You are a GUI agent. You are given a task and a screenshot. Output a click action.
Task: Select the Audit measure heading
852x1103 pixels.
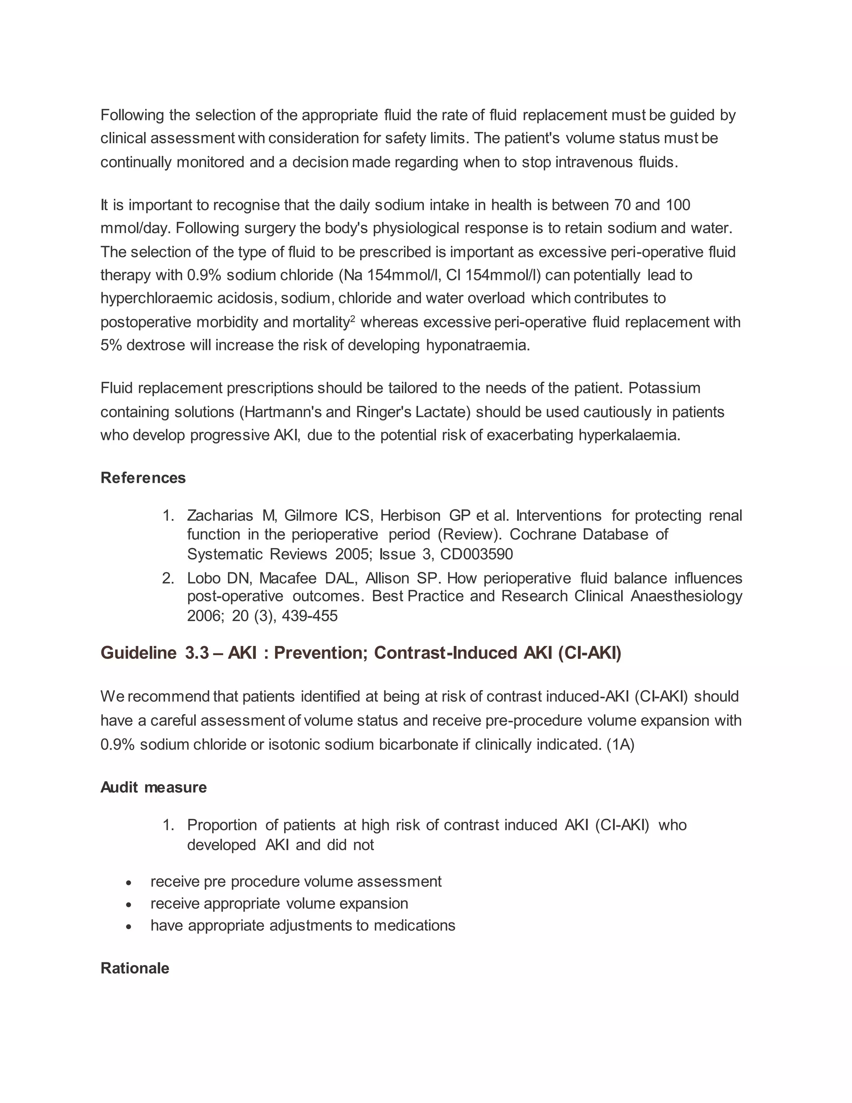pos(154,788)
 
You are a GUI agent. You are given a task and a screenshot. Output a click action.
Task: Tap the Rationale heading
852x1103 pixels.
pos(135,968)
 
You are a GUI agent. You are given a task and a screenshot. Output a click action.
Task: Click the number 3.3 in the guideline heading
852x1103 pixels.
pos(197,653)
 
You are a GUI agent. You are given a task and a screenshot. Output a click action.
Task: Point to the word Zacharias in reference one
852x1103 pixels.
pos(220,516)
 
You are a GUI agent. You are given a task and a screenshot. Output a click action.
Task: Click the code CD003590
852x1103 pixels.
pos(476,554)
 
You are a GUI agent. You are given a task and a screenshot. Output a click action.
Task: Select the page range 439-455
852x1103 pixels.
pos(310,616)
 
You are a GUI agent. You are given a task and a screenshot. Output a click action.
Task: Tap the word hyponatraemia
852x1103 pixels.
pos(478,345)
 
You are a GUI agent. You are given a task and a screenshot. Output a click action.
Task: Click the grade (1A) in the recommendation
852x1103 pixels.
pos(620,745)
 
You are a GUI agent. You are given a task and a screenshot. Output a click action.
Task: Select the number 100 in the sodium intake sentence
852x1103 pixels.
pos(678,205)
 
